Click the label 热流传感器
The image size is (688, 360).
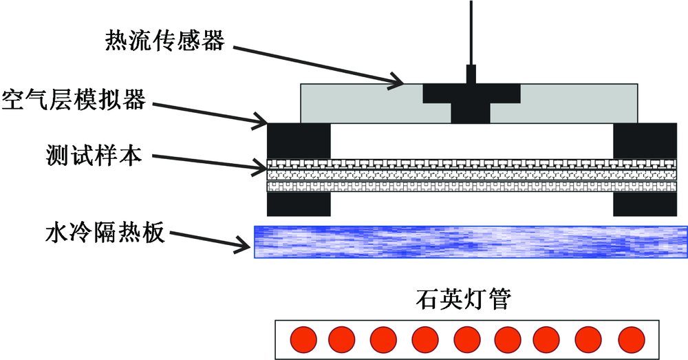(x=164, y=41)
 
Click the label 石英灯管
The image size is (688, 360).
(x=463, y=300)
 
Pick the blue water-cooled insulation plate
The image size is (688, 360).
(x=471, y=242)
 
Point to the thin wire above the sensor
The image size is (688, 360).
(x=471, y=31)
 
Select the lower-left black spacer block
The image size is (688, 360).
(x=299, y=204)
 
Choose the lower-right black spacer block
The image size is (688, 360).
(x=644, y=204)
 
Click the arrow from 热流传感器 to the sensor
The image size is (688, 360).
(x=316, y=65)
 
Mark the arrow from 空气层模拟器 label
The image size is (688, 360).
(x=210, y=113)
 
